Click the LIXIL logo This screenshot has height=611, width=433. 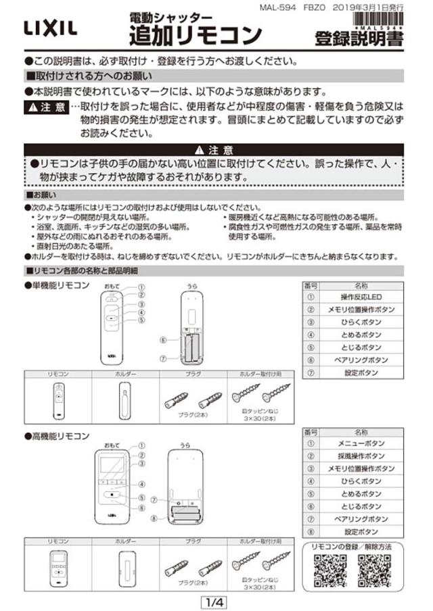(x=51, y=28)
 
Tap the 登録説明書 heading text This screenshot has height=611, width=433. (x=359, y=39)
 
